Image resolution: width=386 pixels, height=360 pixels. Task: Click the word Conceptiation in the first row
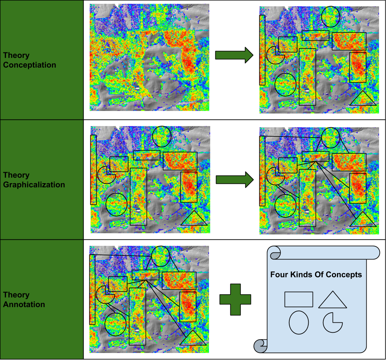point(30,65)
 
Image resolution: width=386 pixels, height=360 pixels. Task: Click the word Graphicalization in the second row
point(34,185)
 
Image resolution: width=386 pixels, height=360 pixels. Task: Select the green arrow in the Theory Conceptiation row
point(234,55)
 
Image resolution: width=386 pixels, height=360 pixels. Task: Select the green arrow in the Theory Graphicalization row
point(234,180)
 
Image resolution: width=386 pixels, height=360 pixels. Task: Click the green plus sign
point(235,299)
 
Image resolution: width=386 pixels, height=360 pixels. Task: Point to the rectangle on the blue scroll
point(299,299)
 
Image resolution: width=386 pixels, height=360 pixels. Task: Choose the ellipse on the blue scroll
point(299,322)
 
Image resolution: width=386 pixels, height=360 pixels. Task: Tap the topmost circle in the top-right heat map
point(330,16)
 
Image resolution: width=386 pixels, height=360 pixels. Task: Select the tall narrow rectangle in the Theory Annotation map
point(92,289)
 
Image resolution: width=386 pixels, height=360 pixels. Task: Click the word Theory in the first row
point(16,55)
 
